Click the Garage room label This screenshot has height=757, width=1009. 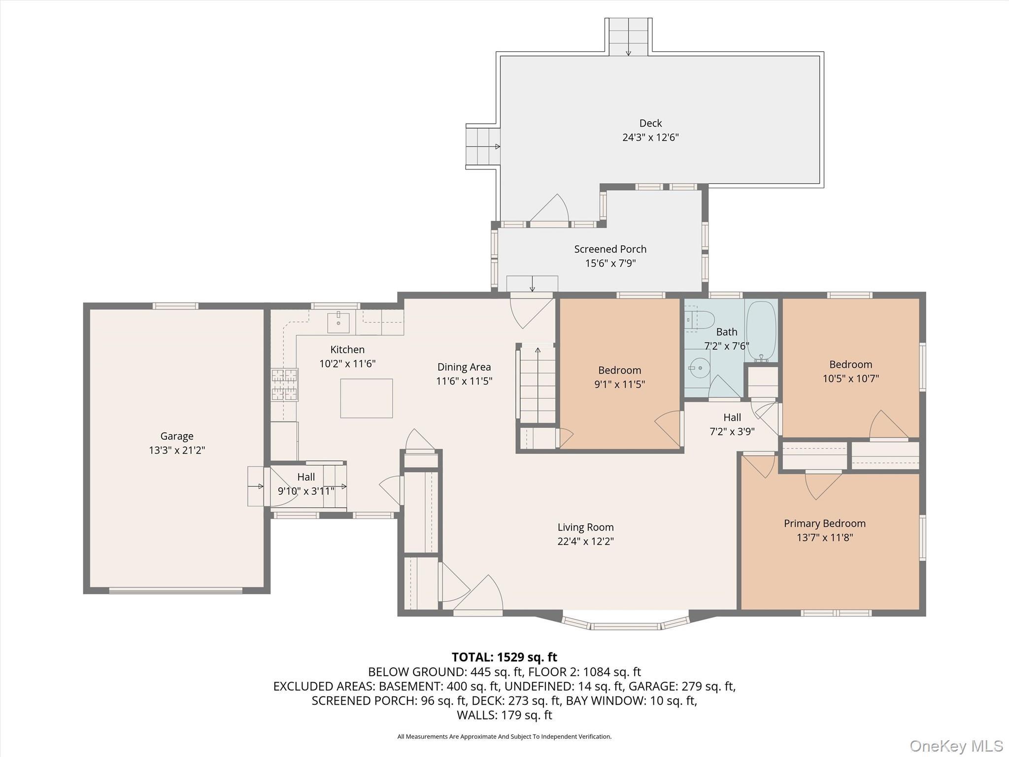pyautogui.click(x=176, y=436)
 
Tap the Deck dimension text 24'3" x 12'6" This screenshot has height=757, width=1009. pyautogui.click(x=650, y=138)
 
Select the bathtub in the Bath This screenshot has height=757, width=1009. pyautogui.click(x=761, y=331)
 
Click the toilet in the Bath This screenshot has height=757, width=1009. pyautogui.click(x=700, y=320)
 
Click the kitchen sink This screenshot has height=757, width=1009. pyautogui.click(x=338, y=323)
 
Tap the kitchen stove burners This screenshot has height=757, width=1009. pyautogui.click(x=285, y=385)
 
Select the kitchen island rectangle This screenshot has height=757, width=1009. pyautogui.click(x=367, y=398)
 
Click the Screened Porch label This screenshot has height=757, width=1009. pyautogui.click(x=610, y=249)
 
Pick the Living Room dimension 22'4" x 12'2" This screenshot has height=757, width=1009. pyautogui.click(x=585, y=541)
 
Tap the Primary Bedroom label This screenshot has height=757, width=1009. pyautogui.click(x=824, y=523)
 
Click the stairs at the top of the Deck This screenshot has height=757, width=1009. pyautogui.click(x=628, y=37)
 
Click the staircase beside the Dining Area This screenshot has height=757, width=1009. pyautogui.click(x=537, y=384)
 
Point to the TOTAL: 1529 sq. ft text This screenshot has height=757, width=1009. pyautogui.click(x=504, y=657)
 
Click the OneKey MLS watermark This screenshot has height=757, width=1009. pyautogui.click(x=956, y=746)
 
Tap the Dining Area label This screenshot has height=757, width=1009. pyautogui.click(x=464, y=367)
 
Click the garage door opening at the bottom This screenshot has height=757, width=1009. pyautogui.click(x=175, y=590)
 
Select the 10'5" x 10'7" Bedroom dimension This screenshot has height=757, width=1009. pyautogui.click(x=850, y=378)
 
